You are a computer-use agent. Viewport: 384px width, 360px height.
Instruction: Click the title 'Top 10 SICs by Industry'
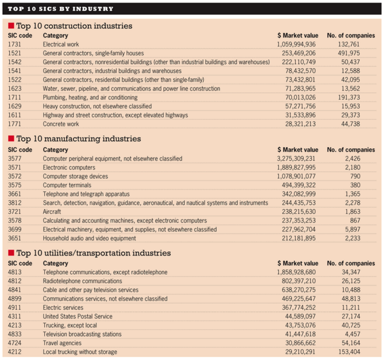tap(61, 9)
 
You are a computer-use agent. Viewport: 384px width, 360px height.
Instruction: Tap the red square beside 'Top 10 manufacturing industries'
tap(11, 138)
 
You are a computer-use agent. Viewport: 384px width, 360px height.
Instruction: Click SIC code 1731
tap(15, 45)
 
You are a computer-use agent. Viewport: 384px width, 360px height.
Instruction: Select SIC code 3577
tap(15, 158)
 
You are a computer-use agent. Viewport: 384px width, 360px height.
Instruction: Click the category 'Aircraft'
tap(53, 212)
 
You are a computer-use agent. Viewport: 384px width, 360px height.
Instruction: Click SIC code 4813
tap(15, 271)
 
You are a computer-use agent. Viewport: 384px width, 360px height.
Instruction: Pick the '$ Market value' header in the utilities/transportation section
tap(297, 262)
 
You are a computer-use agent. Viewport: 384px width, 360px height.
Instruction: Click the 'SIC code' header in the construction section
tap(20, 35)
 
